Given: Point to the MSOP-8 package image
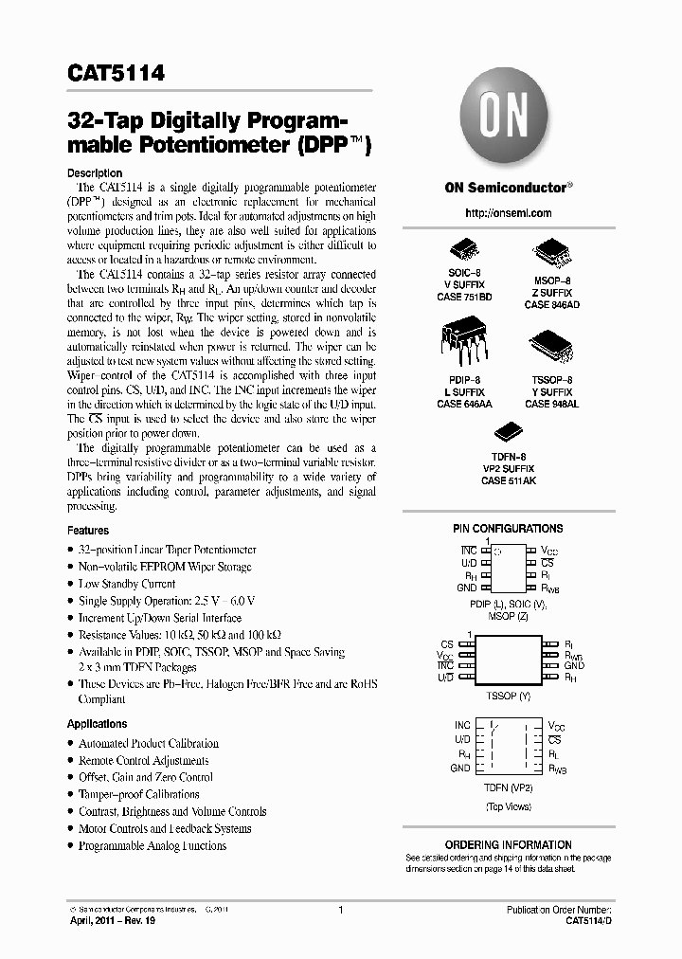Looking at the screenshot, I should tap(550, 253).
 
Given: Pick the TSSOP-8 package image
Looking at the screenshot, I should tap(550, 347).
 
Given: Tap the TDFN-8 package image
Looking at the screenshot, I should tap(508, 431).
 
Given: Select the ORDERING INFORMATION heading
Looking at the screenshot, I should tap(508, 844).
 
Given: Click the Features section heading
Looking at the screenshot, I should tap(88, 531).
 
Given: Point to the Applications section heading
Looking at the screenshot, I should tap(98, 724).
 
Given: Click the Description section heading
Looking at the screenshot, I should tap(95, 173).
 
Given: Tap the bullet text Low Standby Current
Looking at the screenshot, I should tap(126, 584).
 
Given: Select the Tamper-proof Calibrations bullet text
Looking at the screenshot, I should tap(138, 794).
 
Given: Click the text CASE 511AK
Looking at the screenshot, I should tap(508, 481).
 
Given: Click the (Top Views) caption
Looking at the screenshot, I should tap(508, 805).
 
